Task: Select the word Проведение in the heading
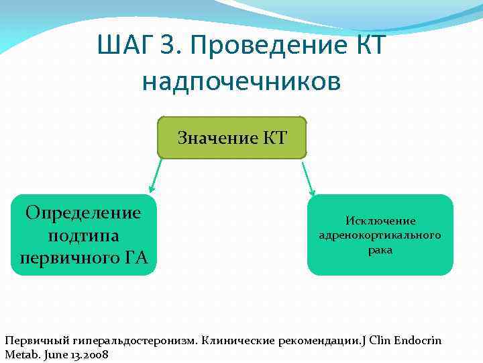[x=262, y=46]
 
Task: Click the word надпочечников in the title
[x=241, y=81]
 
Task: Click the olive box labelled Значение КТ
[x=232, y=138]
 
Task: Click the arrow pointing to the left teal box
[x=154, y=176]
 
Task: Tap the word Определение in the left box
[x=83, y=213]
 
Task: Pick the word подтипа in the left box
[x=83, y=235]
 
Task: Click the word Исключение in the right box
[x=380, y=221]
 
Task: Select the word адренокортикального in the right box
[x=380, y=235]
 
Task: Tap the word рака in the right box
[x=380, y=250]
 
